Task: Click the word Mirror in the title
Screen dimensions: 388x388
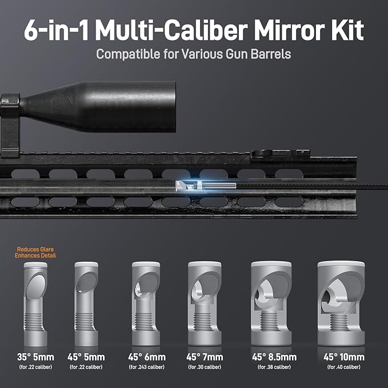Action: [289, 30]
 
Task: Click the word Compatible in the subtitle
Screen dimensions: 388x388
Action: [128, 54]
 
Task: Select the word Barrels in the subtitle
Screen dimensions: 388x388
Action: [271, 54]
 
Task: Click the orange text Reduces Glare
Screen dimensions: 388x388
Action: [35, 249]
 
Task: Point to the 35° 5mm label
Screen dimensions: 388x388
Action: [35, 357]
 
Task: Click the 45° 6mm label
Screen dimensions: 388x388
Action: [147, 357]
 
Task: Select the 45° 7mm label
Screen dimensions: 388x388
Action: [205, 357]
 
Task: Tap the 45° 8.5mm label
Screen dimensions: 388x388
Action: [274, 357]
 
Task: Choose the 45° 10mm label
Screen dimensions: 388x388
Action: [344, 357]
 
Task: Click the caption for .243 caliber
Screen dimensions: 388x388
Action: [147, 367]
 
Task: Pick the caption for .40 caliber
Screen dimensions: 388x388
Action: [344, 367]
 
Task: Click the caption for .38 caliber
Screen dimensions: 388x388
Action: [274, 367]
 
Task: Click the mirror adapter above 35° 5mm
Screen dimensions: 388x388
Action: [35, 304]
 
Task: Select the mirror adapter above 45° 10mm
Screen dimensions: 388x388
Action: [341, 303]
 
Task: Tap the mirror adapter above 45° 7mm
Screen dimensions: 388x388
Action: [205, 303]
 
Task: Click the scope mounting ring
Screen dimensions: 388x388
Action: [10, 125]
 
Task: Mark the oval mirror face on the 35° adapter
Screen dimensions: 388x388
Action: [36, 286]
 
